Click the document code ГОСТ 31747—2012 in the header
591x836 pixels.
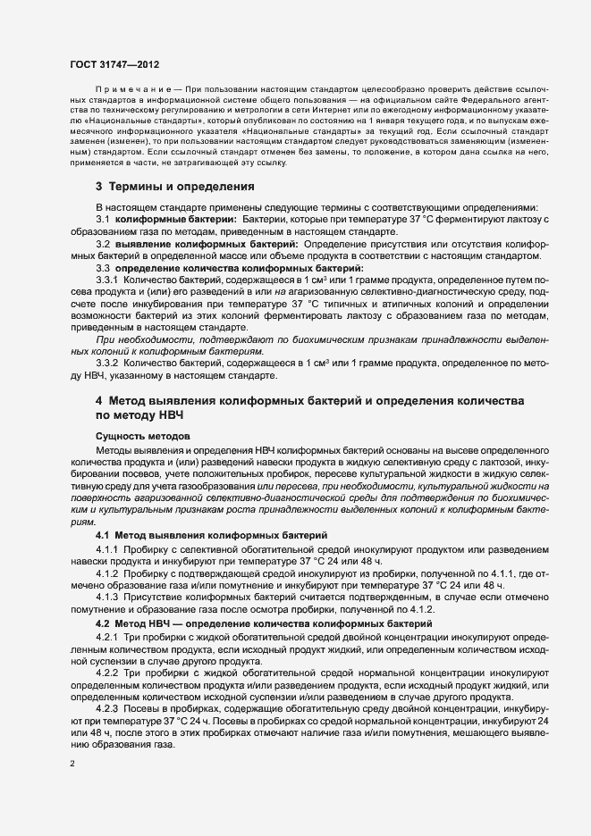point(114,63)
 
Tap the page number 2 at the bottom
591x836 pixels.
point(72,764)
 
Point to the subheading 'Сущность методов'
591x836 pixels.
point(142,434)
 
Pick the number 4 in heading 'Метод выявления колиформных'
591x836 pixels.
point(100,403)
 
